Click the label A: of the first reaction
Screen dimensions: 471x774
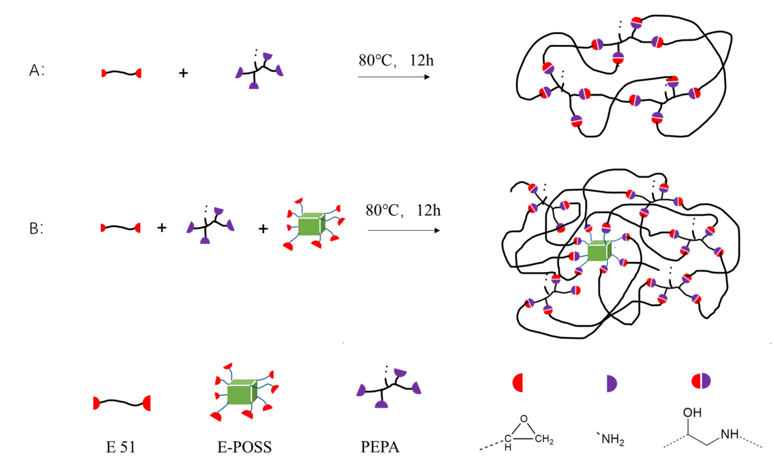[x=36, y=70]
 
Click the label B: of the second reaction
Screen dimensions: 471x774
[x=36, y=229]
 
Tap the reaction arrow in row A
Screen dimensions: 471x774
[x=393, y=77]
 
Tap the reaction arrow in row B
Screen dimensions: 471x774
[x=403, y=231]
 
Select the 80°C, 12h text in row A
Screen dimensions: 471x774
[x=396, y=60]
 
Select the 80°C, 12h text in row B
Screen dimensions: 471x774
[x=403, y=210]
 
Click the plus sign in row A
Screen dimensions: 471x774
[x=183, y=73]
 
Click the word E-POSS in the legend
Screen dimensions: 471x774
[x=245, y=447]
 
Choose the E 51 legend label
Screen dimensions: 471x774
[x=120, y=447]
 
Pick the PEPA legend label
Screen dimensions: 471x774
[x=380, y=447]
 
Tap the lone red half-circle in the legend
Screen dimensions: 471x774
[x=518, y=383]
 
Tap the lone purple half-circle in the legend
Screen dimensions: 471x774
[x=611, y=383]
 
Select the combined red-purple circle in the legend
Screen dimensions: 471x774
[x=701, y=381]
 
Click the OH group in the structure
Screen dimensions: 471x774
[x=692, y=413]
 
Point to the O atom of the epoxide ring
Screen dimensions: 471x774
[x=524, y=419]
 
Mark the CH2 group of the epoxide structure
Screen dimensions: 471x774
[x=544, y=439]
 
